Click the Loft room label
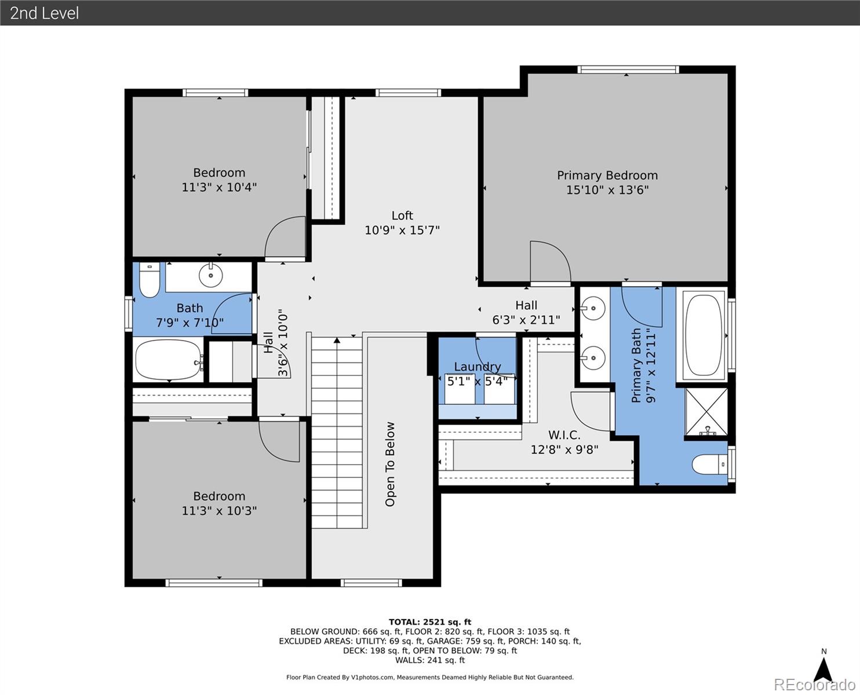pyautogui.click(x=402, y=215)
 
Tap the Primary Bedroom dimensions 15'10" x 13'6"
pyautogui.click(x=607, y=189)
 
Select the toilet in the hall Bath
pyautogui.click(x=150, y=280)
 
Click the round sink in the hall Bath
pyautogui.click(x=210, y=276)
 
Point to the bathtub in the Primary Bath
pyautogui.click(x=704, y=335)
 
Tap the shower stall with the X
pyautogui.click(x=706, y=412)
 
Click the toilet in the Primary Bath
pyautogui.click(x=709, y=464)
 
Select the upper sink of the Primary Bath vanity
pyautogui.click(x=592, y=309)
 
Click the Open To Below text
pyautogui.click(x=389, y=464)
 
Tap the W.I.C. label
pyautogui.click(x=564, y=435)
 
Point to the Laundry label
pyautogui.click(x=478, y=367)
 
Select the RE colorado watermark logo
pyautogui.click(x=814, y=685)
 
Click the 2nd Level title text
pyautogui.click(x=45, y=13)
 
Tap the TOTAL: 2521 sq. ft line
pyautogui.click(x=430, y=622)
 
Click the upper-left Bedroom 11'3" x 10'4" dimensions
pyautogui.click(x=219, y=187)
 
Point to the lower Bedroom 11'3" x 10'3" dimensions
pyautogui.click(x=219, y=511)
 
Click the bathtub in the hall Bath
pyautogui.click(x=169, y=359)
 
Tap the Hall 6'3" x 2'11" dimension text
pyautogui.click(x=526, y=320)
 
